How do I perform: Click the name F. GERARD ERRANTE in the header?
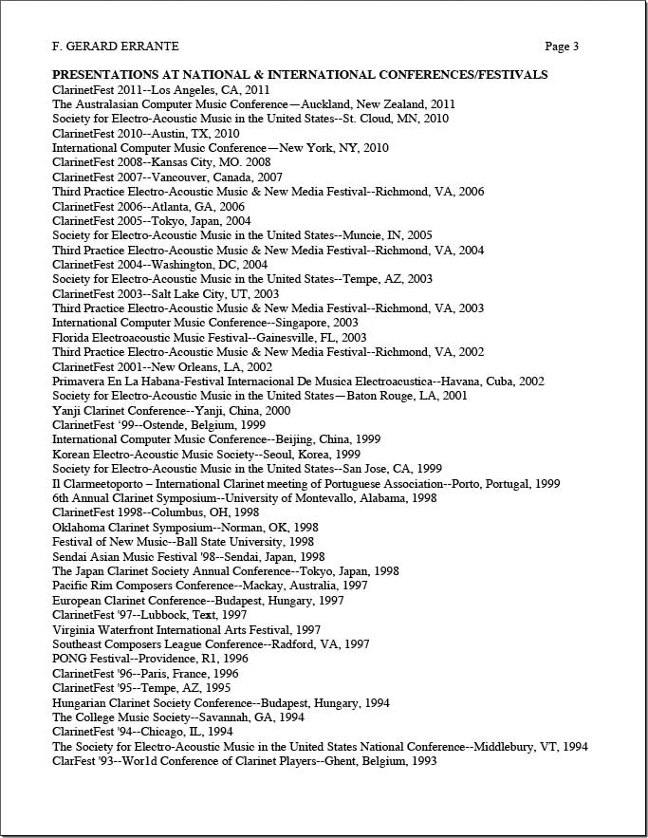(115, 46)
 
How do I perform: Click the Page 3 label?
(562, 46)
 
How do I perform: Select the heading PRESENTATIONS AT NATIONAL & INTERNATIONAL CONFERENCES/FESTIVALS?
(299, 74)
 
